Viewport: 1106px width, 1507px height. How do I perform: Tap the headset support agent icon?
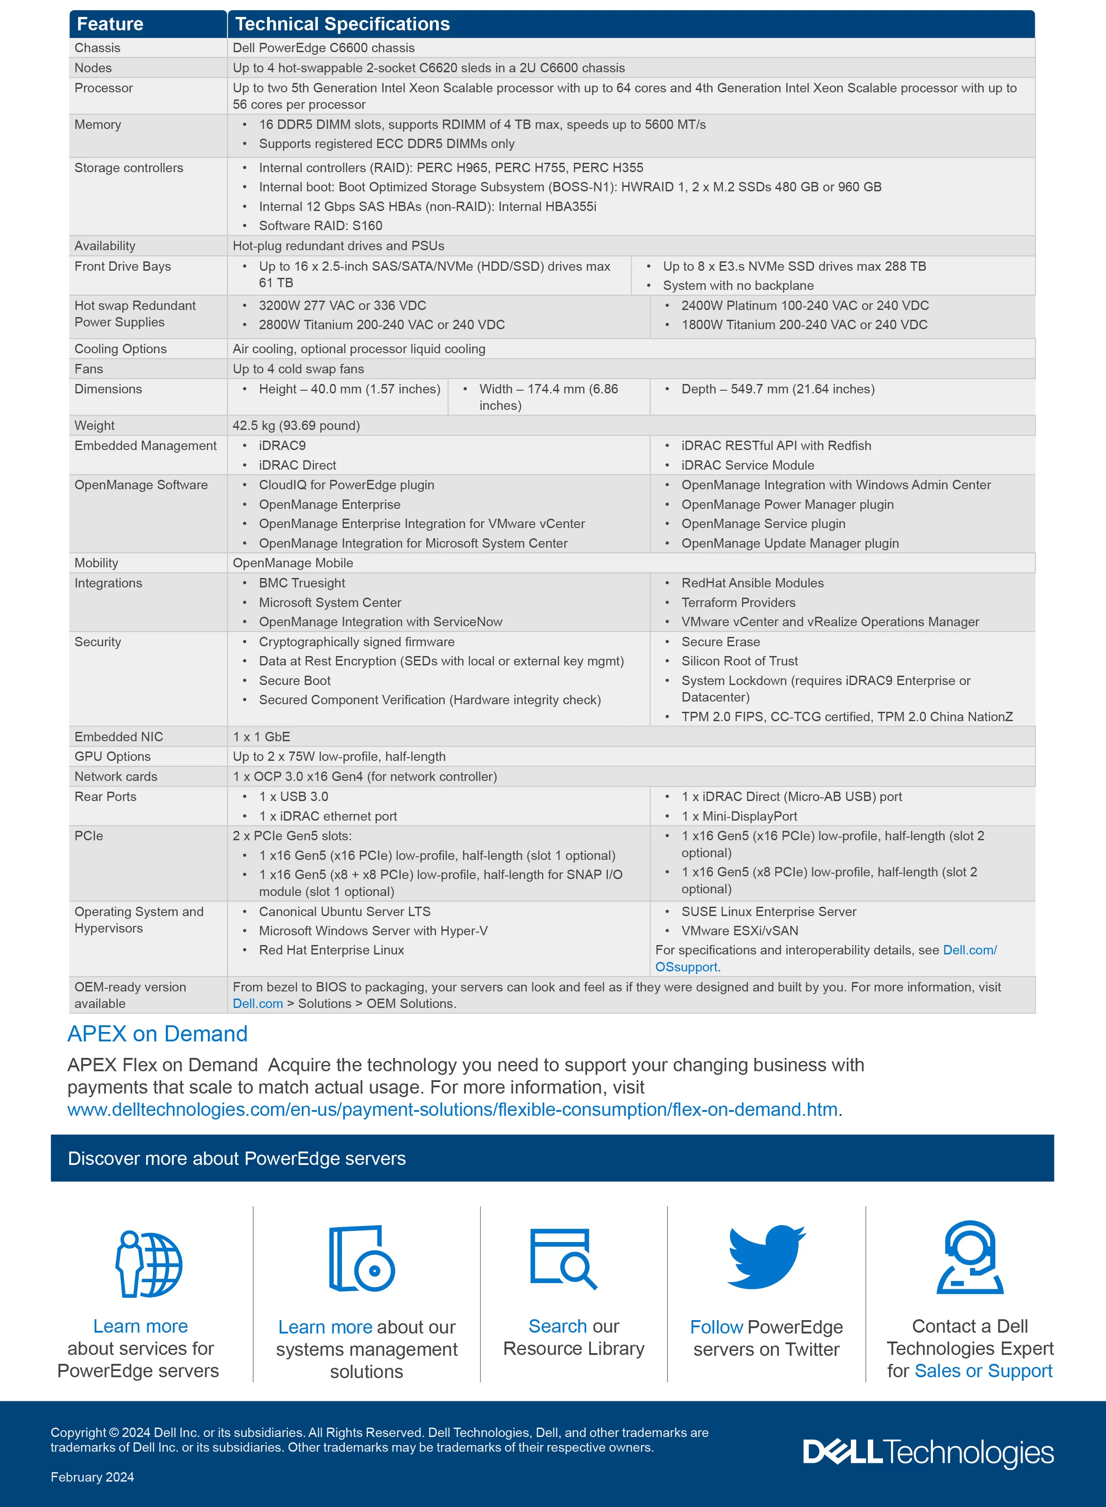click(970, 1257)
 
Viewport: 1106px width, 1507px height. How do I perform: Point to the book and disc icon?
click(362, 1259)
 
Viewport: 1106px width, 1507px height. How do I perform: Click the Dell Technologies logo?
click(928, 1452)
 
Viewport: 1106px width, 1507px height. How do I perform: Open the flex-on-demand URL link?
click(452, 1109)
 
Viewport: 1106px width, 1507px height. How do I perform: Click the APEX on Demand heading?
click(157, 1034)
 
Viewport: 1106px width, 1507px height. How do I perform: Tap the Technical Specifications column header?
click(342, 24)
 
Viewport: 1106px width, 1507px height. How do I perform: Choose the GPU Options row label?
click(112, 756)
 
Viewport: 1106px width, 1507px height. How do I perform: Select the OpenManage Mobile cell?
click(293, 563)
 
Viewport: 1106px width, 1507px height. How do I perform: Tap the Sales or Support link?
click(983, 1371)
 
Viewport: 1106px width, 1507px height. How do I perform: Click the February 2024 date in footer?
click(92, 1477)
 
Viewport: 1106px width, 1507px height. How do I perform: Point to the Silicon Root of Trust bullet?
click(739, 661)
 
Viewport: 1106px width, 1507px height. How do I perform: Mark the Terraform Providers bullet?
click(738, 603)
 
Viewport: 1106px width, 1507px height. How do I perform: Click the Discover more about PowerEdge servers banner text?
click(236, 1158)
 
